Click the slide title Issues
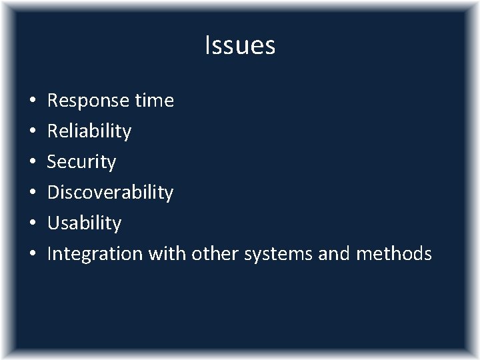[x=240, y=45]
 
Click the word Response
[x=88, y=101]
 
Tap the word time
[x=154, y=101]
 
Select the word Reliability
[x=89, y=131]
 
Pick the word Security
[x=81, y=162]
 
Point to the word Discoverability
[x=110, y=193]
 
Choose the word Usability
[x=84, y=223]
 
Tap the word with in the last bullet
[x=167, y=253]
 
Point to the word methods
[x=394, y=253]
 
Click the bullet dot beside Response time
[x=33, y=101]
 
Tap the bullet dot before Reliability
[x=33, y=132]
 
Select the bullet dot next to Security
[x=33, y=163]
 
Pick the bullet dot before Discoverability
[x=33, y=193]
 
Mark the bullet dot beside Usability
[x=33, y=224]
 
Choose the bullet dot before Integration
[x=33, y=255]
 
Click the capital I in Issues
[x=207, y=45]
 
